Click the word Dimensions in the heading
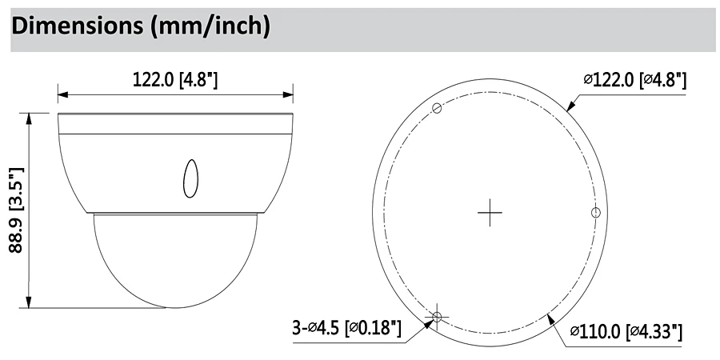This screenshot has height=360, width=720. pos(76,26)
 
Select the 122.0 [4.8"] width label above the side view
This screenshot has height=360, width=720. pos(175,80)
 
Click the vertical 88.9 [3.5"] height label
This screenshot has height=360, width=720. pos(16,210)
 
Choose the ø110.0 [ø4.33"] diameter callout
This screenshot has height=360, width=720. pos(626,331)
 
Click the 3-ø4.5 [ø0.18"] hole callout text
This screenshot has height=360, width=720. pos(346,328)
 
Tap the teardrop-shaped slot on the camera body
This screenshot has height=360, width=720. pos(190,178)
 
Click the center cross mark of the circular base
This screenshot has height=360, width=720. pos(490,213)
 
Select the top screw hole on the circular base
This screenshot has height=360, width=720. pos(437,108)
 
